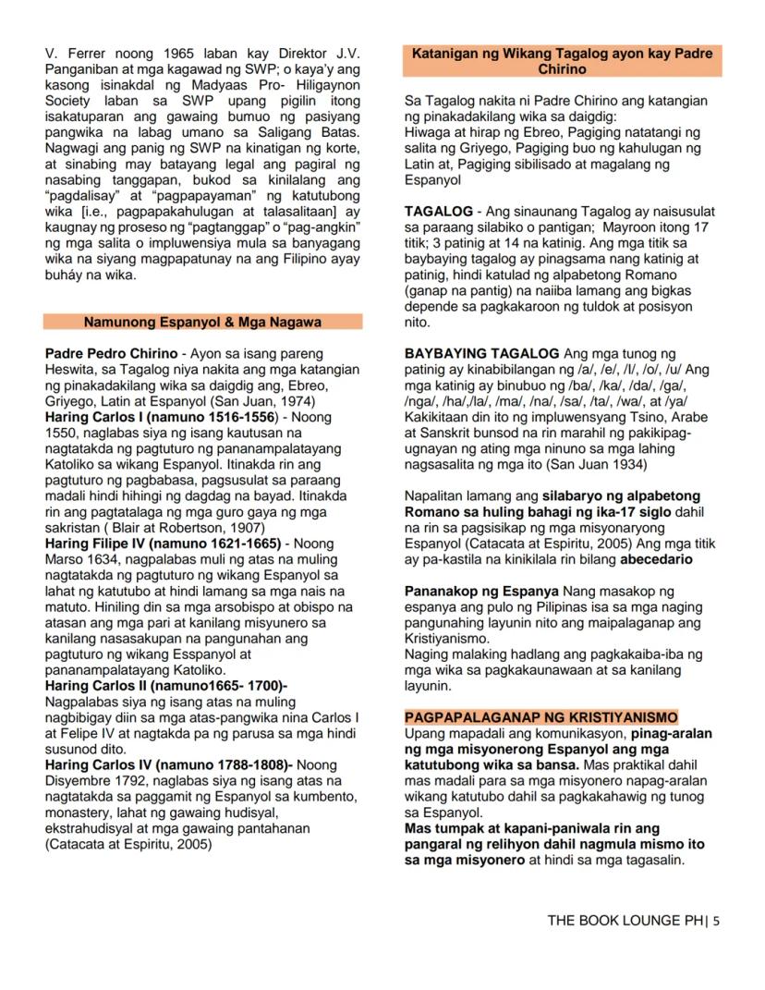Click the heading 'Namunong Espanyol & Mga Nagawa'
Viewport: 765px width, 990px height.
tap(202, 322)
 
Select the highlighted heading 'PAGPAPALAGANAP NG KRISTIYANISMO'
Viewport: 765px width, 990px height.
tap(541, 717)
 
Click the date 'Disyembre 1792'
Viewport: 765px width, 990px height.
tap(91, 780)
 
